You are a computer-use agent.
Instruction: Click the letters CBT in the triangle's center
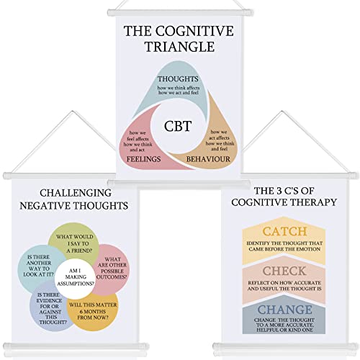pos(178,126)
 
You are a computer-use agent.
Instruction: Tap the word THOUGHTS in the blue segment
pos(178,78)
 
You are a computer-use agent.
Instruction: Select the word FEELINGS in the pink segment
pos(143,159)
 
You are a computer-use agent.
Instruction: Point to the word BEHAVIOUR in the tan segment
pos(208,159)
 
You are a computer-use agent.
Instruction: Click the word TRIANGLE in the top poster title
pos(180,47)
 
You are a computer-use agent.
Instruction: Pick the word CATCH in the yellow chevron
pos(284,231)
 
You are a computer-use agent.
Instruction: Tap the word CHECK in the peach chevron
pos(284,271)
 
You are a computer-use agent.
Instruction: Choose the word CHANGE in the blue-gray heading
pos(285,310)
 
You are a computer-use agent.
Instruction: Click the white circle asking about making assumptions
pos(75,277)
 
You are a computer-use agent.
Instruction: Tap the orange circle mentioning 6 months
pos(94,312)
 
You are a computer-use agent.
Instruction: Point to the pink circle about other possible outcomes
pos(112,269)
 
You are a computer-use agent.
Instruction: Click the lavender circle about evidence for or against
pos(49,308)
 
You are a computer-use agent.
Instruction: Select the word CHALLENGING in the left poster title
pos(76,193)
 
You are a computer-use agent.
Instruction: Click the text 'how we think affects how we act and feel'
pos(179,90)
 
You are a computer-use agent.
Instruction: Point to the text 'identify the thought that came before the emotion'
pos(284,246)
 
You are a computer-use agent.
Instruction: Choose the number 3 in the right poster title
pos(279,191)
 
